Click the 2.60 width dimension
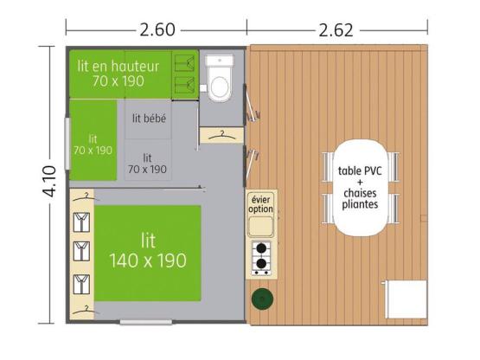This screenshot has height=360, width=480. click(157, 29)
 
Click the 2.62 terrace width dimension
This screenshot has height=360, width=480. click(337, 29)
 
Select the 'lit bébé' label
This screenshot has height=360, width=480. click(150, 118)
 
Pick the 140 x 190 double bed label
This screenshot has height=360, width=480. click(148, 251)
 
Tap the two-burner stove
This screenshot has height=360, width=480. click(260, 258)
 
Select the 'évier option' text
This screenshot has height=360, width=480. click(260, 204)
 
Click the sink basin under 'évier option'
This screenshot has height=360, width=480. click(260, 227)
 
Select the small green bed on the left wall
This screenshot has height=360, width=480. click(93, 143)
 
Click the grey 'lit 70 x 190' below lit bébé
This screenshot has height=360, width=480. click(148, 164)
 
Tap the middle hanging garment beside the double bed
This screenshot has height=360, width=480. click(81, 251)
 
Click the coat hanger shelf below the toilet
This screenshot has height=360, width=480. click(220, 134)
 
